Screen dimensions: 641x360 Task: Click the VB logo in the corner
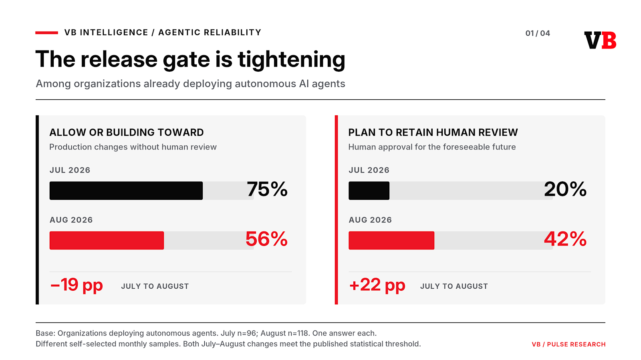tap(600, 40)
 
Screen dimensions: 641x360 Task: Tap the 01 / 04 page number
tap(538, 34)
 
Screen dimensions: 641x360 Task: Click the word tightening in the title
tap(292, 60)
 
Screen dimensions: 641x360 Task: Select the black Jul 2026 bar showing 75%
tap(126, 191)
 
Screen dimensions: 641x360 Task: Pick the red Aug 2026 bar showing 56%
tap(107, 241)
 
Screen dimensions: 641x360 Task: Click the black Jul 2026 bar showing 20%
tap(369, 191)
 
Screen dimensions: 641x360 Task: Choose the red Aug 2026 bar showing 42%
tap(391, 241)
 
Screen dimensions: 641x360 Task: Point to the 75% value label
tap(267, 189)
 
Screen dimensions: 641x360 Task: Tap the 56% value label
tap(266, 239)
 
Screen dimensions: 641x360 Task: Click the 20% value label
tap(565, 189)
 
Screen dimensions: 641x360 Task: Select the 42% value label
tap(565, 239)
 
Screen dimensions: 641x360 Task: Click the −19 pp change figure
tap(77, 285)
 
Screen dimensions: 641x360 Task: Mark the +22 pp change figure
tap(377, 285)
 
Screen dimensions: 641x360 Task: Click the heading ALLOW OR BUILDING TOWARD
tap(127, 133)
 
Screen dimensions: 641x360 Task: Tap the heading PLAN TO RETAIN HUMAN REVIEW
tap(433, 133)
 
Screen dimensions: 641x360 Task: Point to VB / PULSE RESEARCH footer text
tap(568, 344)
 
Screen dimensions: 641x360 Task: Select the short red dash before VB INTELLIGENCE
tap(46, 33)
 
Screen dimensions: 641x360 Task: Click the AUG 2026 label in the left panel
tap(71, 220)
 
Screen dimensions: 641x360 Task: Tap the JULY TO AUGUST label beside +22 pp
tap(454, 286)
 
